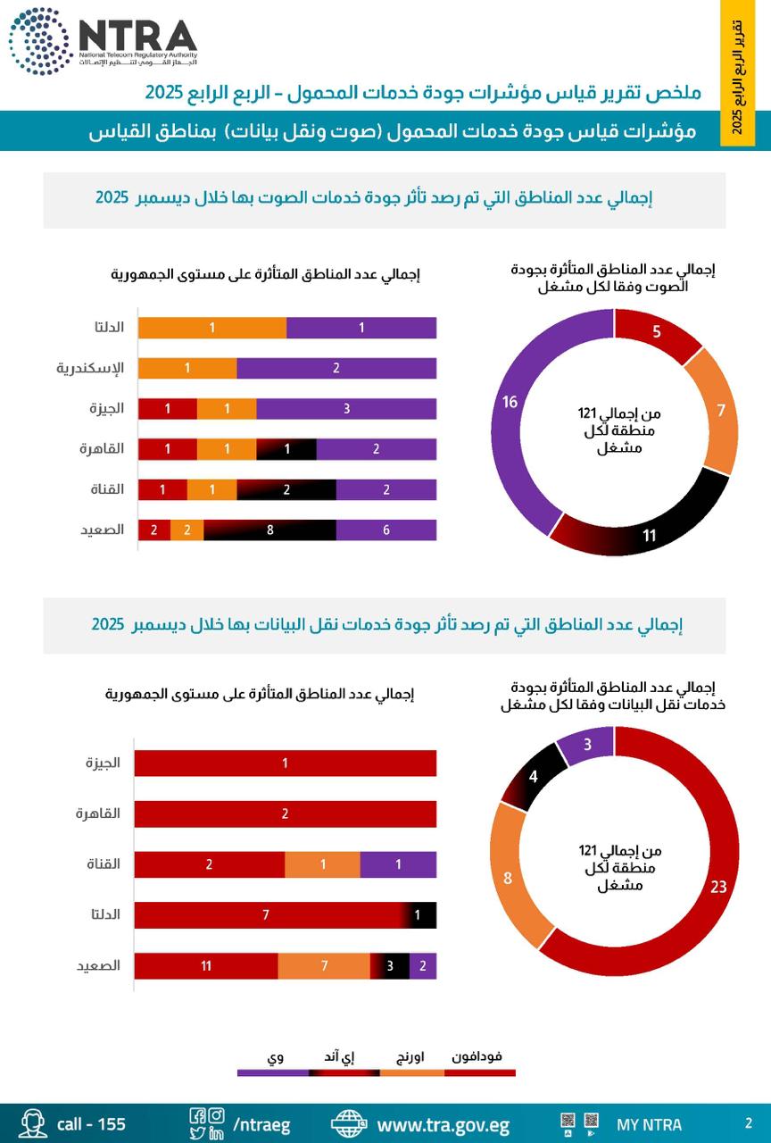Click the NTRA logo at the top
[x=103, y=40]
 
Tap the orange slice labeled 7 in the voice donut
[x=718, y=412]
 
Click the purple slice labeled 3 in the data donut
[x=587, y=745]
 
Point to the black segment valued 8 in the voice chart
[x=269, y=530]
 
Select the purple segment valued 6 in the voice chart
[x=385, y=530]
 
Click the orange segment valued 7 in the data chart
[x=324, y=966]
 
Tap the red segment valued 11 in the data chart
[x=206, y=966]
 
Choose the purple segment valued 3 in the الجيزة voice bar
[x=346, y=409]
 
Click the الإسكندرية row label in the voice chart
[x=91, y=368]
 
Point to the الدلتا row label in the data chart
[x=105, y=914]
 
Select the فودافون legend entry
[x=477, y=1056]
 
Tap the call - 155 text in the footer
[x=91, y=1124]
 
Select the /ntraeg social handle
[x=261, y=1124]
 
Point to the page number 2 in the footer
[x=748, y=1123]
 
